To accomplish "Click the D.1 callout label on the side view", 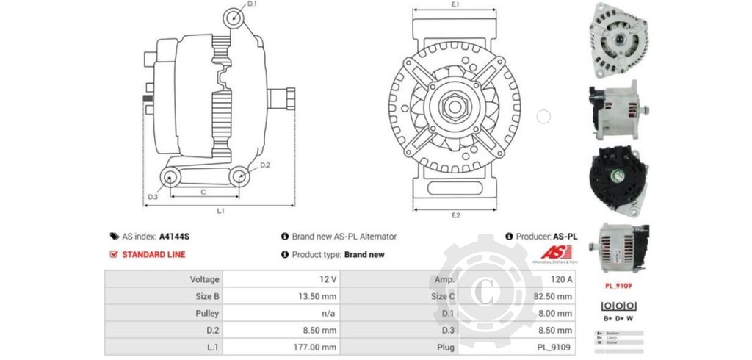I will coord(252,4).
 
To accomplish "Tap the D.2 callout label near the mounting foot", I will coord(265,165).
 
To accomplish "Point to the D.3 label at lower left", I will coord(153,197).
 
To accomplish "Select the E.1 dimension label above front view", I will coord(455,4).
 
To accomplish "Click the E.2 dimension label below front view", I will coord(455,215).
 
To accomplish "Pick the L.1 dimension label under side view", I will coord(220,211).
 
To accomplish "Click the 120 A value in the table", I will coord(561,279).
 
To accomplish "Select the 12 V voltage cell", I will coord(328,279).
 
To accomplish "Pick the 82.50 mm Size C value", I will coord(554,296).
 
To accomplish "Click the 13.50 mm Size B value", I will coord(318,296).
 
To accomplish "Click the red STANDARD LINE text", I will coord(153,255).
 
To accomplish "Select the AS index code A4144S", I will coord(175,237).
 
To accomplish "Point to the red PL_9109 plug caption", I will coord(618,285).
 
